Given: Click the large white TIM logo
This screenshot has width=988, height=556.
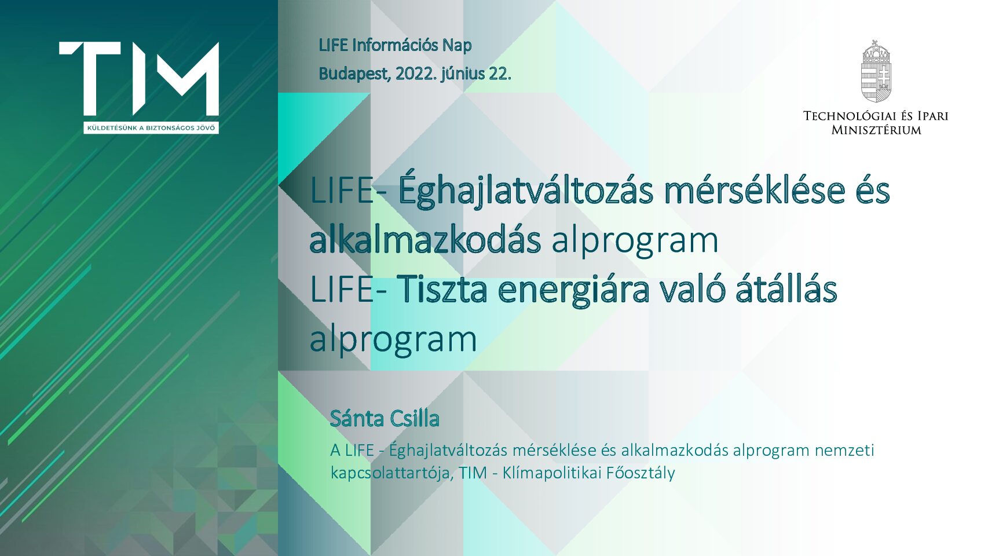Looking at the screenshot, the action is (139, 79).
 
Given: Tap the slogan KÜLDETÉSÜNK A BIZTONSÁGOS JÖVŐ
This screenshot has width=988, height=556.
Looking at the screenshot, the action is (151, 128).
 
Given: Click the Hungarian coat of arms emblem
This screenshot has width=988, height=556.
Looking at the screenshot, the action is (876, 71).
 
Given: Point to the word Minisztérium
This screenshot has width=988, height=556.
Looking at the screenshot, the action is (876, 130).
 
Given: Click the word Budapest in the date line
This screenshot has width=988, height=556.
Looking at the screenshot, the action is (354, 74).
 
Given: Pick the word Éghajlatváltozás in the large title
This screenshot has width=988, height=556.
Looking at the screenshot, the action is (526, 190).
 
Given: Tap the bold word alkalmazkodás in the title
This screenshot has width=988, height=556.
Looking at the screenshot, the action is (425, 240).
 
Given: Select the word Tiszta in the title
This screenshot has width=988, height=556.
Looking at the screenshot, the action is (442, 290).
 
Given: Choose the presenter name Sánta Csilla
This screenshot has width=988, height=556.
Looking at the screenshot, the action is (385, 418).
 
